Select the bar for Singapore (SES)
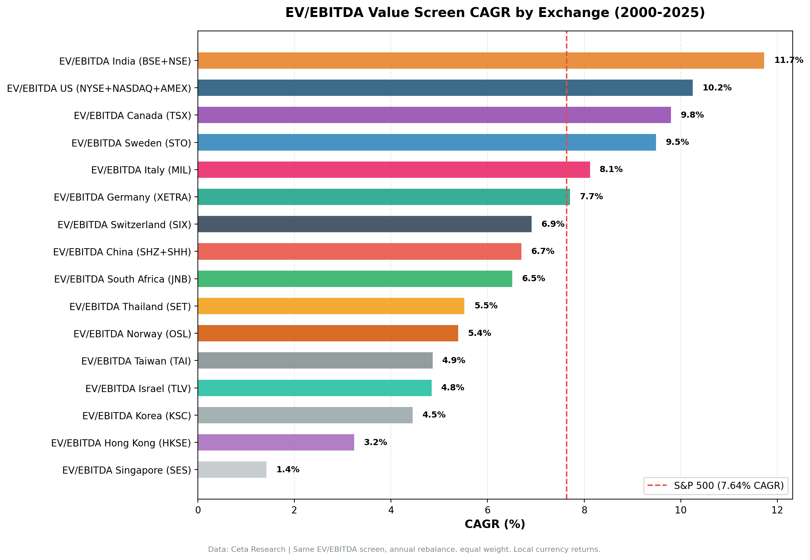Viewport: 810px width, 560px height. click(x=232, y=470)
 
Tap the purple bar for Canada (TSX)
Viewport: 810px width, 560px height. click(x=434, y=115)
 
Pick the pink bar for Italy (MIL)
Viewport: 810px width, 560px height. click(x=394, y=169)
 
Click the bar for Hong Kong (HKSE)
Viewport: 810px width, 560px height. click(x=276, y=442)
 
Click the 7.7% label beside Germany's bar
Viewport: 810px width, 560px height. click(x=591, y=197)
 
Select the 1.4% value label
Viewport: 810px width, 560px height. click(x=288, y=470)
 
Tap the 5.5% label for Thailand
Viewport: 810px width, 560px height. click(x=486, y=306)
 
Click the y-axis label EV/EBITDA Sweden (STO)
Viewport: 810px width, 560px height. click(x=131, y=143)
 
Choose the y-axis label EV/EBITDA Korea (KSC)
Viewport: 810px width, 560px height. click(x=136, y=416)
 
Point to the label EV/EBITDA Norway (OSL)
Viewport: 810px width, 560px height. click(x=132, y=334)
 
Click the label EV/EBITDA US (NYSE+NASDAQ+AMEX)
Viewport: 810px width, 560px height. click(x=99, y=88)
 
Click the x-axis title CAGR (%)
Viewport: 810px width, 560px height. click(x=495, y=524)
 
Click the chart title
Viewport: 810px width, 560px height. click(x=495, y=13)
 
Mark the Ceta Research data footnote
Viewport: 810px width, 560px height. click(x=404, y=549)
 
